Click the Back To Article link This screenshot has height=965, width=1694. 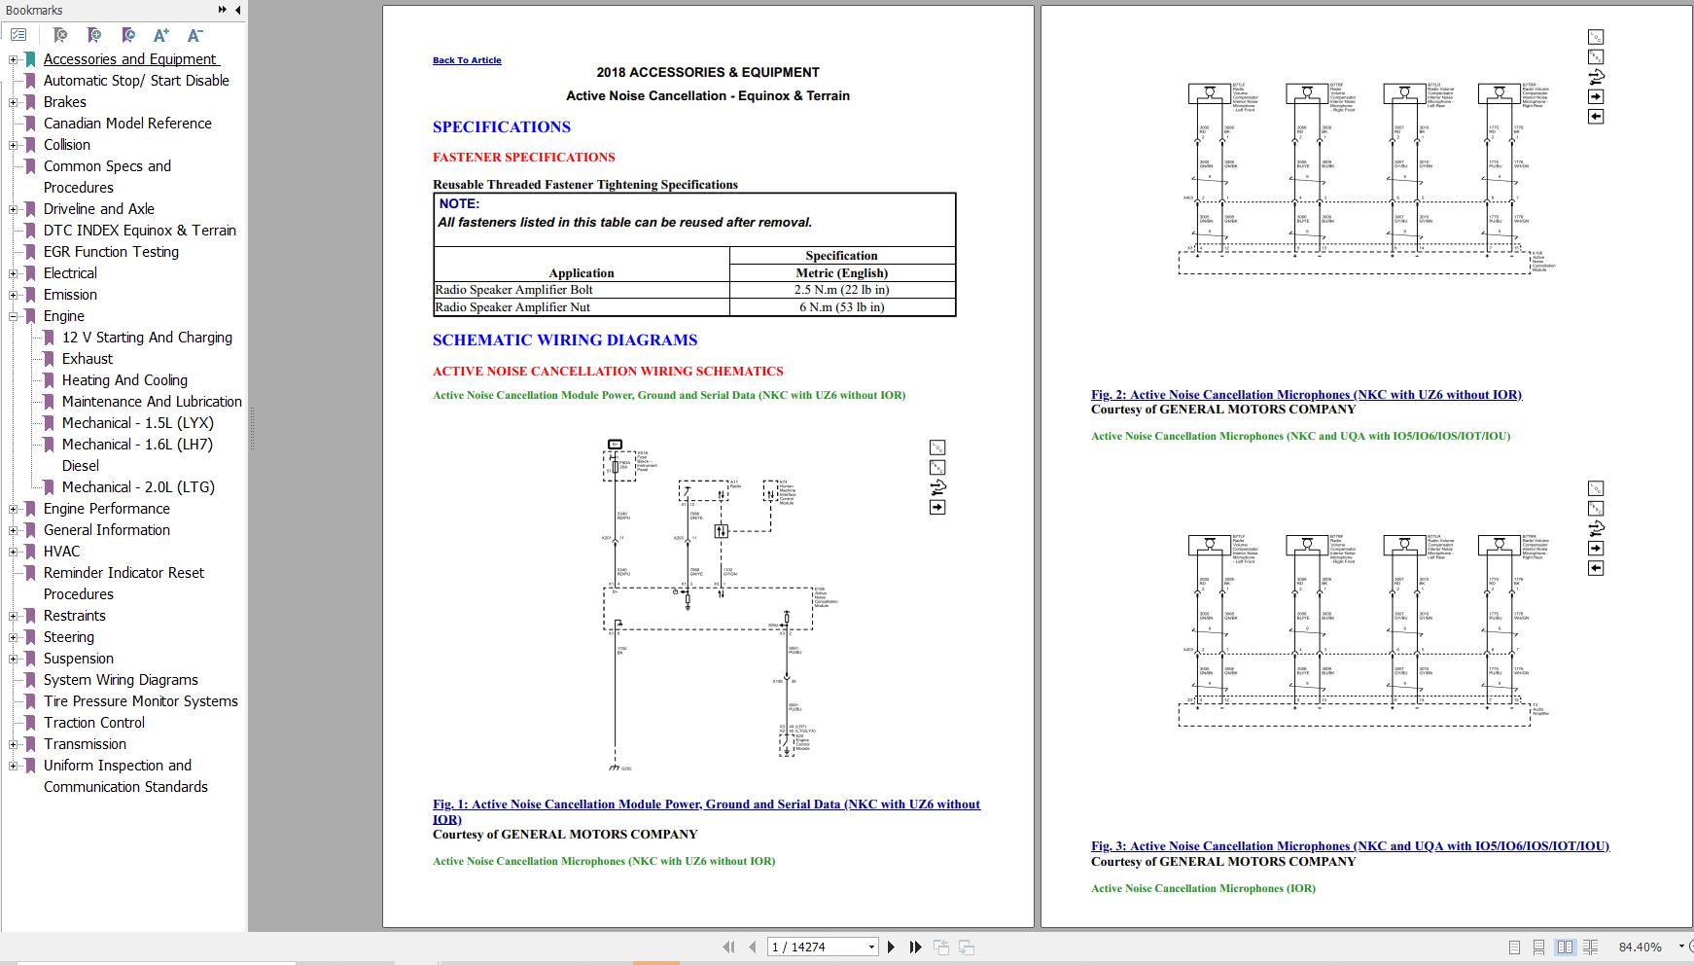(467, 60)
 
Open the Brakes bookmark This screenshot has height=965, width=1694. (64, 102)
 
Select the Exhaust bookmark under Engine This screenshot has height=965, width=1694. (88, 359)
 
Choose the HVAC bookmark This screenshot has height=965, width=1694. (61, 552)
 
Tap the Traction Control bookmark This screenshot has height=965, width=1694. (93, 723)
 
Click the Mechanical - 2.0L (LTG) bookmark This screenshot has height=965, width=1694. (138, 487)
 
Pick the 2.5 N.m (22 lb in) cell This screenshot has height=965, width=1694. (841, 290)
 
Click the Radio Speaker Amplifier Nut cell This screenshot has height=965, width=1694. (512, 307)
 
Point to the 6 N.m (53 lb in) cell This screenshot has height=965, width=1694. (841, 307)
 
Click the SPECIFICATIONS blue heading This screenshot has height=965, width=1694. (501, 127)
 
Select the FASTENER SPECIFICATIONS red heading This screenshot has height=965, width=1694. (523, 158)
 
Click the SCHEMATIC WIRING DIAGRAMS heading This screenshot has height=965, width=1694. (564, 340)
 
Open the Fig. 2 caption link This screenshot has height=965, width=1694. (1306, 395)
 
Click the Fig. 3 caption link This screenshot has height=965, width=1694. (1350, 846)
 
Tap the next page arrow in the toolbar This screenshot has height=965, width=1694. (891, 947)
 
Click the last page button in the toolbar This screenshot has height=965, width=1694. (915, 947)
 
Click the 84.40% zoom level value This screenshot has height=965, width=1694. (1640, 947)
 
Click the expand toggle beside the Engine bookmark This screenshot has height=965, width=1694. (14, 316)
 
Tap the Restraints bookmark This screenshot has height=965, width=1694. (74, 616)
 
